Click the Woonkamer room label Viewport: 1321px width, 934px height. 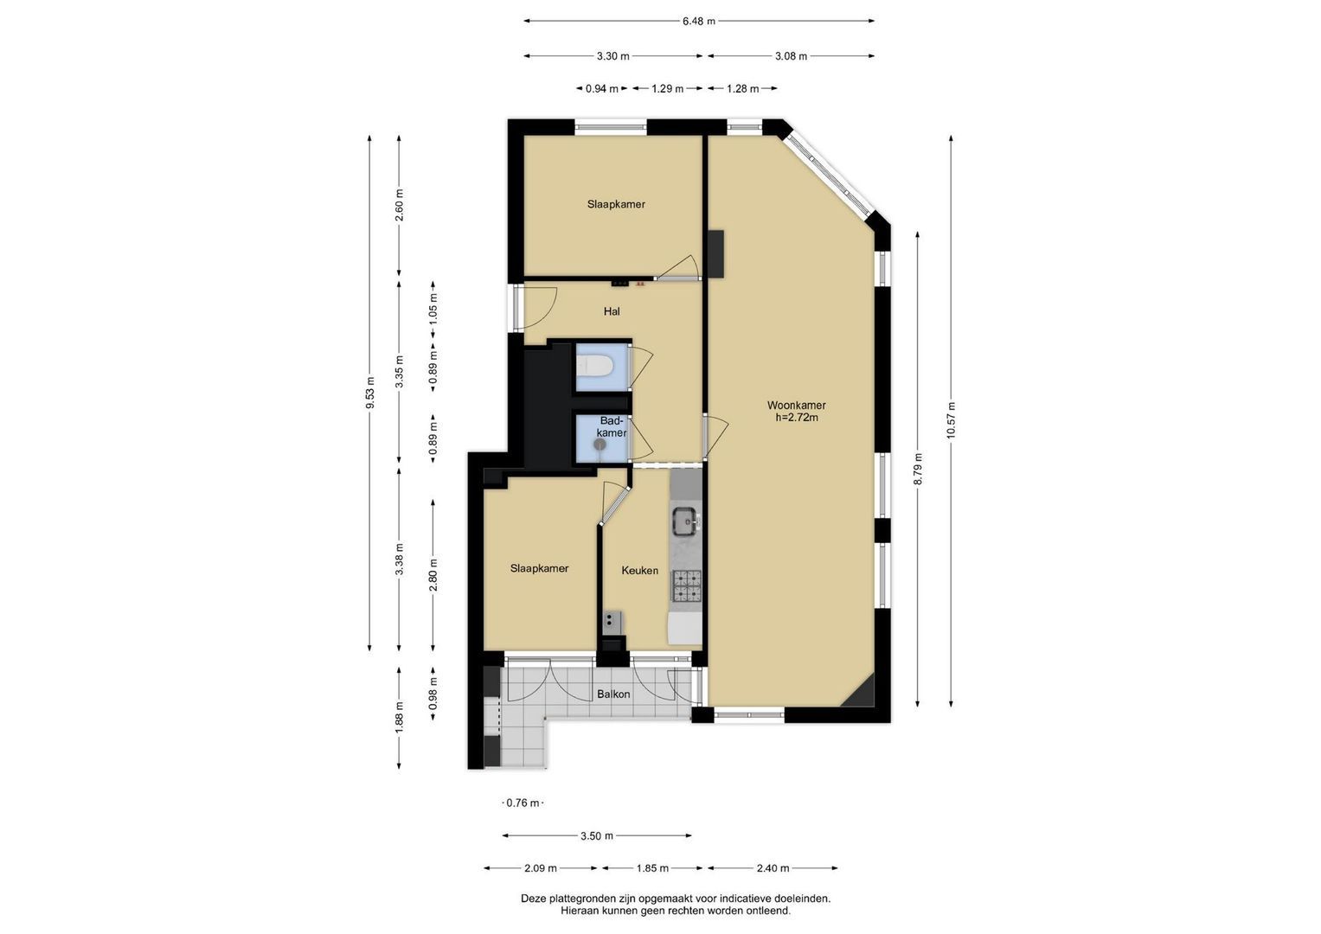click(x=796, y=405)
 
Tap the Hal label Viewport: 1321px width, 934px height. click(x=612, y=311)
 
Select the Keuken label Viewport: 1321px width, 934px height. click(x=640, y=570)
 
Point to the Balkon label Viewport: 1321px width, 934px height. click(x=613, y=694)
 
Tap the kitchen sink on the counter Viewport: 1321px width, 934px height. click(x=685, y=521)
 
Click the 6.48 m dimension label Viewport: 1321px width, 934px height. click(x=699, y=22)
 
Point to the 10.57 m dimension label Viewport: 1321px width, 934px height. click(x=951, y=420)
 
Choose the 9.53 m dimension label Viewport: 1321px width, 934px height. click(x=369, y=392)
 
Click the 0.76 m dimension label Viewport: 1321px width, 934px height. click(x=523, y=803)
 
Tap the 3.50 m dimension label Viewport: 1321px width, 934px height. click(x=597, y=835)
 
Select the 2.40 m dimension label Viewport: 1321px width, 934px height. click(x=773, y=868)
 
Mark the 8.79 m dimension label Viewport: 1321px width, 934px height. click(x=918, y=469)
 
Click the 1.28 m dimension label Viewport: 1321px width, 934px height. click(x=742, y=89)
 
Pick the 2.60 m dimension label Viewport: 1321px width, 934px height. click(x=400, y=205)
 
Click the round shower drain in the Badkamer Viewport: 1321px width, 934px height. click(x=600, y=444)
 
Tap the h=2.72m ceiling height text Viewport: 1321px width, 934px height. click(x=797, y=418)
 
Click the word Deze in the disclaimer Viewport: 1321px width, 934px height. click(x=533, y=899)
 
